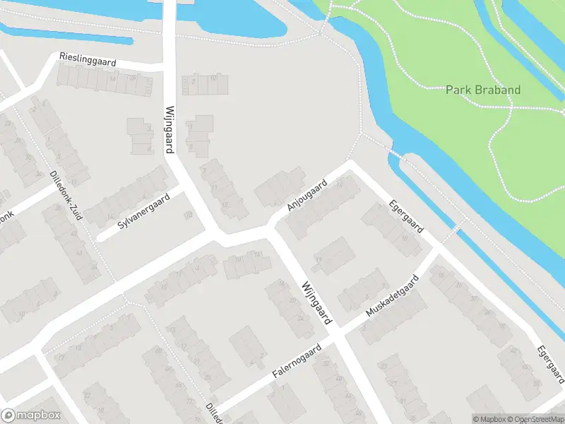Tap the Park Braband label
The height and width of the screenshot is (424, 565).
point(483,90)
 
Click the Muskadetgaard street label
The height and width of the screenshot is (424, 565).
point(392,296)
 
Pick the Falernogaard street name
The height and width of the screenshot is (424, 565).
point(296,363)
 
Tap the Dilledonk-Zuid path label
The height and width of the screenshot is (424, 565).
point(66,196)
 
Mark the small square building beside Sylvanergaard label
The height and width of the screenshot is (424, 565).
point(189,214)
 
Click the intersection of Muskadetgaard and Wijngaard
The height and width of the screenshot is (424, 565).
point(337,329)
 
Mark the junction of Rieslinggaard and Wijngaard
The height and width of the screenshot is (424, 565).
point(169,69)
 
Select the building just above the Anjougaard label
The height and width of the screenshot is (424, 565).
point(279,185)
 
